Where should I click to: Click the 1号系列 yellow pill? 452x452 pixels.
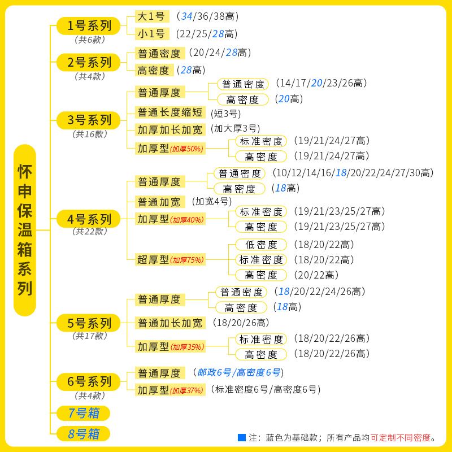pos(89,25)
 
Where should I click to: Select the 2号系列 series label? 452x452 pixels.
pos(89,62)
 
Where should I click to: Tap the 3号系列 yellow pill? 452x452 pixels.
pos(89,120)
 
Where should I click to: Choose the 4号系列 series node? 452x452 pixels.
pos(89,219)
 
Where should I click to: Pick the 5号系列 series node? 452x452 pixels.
pos(89,323)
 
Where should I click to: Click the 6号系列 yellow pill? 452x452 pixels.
pos(89,381)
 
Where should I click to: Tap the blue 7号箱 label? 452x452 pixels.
pos(84,413)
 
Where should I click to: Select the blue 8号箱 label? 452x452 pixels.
pos(84,434)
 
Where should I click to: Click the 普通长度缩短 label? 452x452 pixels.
pos(169,112)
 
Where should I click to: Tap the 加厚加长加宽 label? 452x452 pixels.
pos(169,129)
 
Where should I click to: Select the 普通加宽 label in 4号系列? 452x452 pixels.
pos(159,202)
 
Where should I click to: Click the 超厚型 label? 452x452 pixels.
pos(153,260)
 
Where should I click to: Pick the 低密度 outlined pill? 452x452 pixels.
pos(261,245)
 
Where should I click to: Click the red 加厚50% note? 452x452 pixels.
pos(187,149)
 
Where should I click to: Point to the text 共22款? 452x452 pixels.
pos(89,231)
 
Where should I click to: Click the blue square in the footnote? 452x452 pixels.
pos(242,437)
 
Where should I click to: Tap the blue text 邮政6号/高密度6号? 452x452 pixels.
pos(239,372)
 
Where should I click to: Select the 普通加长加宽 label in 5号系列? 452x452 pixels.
pos(169,323)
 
